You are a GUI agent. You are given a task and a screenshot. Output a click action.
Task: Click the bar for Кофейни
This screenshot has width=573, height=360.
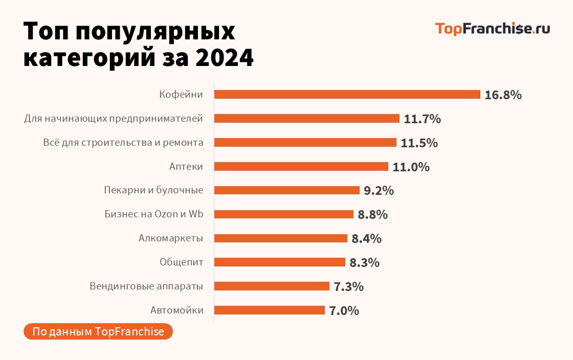(x=347, y=95)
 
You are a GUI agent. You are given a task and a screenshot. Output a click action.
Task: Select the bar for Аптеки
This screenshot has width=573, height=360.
(x=301, y=167)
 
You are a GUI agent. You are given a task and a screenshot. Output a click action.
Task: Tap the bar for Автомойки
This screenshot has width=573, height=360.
(x=269, y=310)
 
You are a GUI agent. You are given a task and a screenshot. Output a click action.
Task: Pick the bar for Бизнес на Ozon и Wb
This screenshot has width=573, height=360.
(x=283, y=214)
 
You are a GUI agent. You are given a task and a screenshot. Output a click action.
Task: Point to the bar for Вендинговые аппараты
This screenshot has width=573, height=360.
(x=272, y=286)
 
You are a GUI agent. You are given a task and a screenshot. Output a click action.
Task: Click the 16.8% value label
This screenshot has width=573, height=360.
(x=503, y=95)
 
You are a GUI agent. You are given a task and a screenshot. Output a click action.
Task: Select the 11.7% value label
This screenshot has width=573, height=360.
(x=422, y=119)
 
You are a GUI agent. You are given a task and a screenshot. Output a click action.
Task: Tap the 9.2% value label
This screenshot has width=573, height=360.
(x=379, y=191)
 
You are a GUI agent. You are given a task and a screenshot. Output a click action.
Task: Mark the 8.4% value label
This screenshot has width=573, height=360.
(x=366, y=238)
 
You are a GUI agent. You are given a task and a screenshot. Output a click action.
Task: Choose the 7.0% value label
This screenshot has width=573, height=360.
(x=344, y=310)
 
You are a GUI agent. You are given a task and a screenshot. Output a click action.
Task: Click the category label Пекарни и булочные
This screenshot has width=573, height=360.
(x=153, y=190)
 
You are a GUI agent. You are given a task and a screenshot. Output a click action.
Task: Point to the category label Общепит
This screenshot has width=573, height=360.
(x=181, y=262)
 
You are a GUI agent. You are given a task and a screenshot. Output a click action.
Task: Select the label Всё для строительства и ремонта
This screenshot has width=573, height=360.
(x=123, y=143)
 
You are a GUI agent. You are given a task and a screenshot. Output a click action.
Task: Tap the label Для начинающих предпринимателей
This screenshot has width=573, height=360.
(x=114, y=119)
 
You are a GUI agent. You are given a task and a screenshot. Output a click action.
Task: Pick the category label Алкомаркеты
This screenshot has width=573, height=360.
(x=171, y=238)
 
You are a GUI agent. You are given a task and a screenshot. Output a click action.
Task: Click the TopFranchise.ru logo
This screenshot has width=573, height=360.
(x=492, y=29)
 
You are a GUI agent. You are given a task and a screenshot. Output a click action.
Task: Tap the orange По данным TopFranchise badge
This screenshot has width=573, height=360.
(x=98, y=331)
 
